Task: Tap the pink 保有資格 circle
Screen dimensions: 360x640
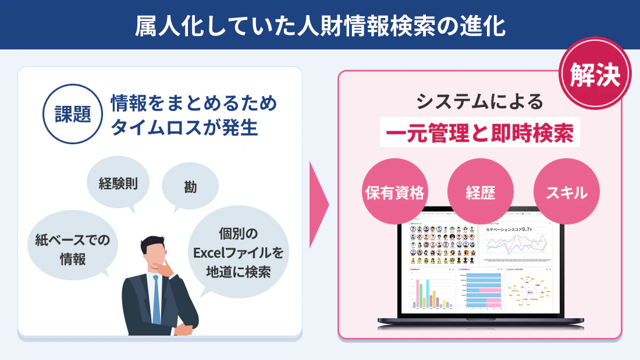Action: [394, 193]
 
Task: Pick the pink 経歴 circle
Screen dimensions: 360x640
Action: [480, 193]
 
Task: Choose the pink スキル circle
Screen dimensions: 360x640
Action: [566, 193]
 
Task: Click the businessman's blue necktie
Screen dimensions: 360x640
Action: [156, 299]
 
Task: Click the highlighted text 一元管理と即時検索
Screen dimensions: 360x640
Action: [479, 134]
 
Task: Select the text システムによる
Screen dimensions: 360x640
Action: [479, 102]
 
